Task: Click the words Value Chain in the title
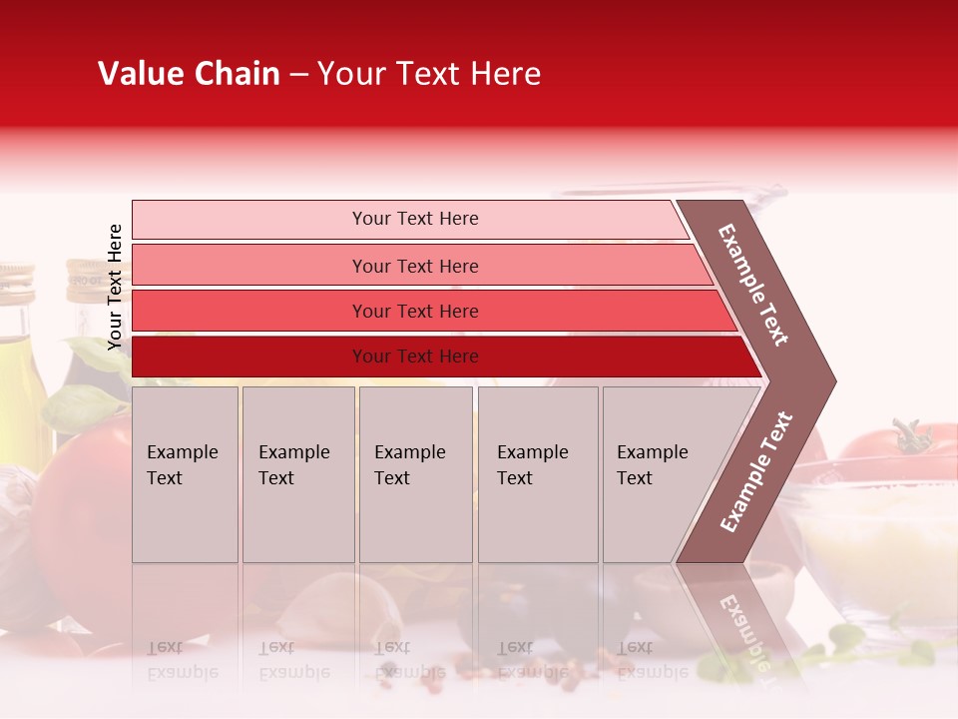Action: click(189, 74)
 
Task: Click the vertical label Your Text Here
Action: click(115, 287)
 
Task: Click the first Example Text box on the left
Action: click(185, 474)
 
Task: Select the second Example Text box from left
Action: click(297, 474)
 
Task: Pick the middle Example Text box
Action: click(415, 474)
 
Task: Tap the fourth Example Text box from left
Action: click(538, 474)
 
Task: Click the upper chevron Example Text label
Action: click(753, 285)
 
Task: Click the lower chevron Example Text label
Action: click(755, 472)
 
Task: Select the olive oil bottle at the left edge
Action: click(18, 359)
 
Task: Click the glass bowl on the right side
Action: click(878, 539)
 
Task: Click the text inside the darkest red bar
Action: click(415, 357)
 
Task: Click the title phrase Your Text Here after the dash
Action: click(428, 74)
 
